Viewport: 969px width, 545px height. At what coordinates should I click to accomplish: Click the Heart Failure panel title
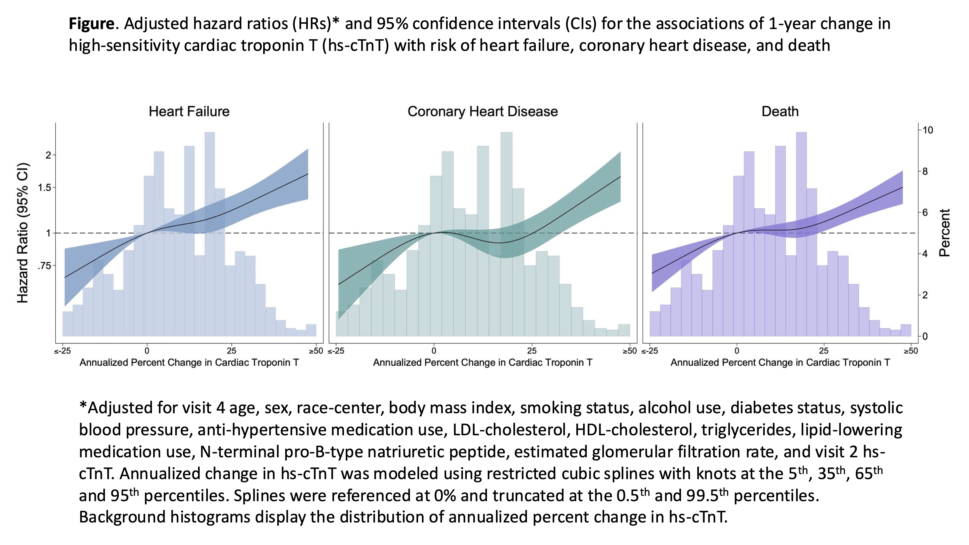click(x=189, y=111)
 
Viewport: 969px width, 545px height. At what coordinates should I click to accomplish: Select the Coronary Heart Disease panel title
click(x=483, y=111)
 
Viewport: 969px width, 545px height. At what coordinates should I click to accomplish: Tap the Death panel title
click(x=780, y=111)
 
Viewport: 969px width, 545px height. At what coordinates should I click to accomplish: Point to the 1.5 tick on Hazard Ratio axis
click(x=44, y=188)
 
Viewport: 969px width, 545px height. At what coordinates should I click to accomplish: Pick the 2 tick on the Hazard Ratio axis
click(x=48, y=155)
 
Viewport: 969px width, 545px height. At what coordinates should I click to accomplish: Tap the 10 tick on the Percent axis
click(x=928, y=130)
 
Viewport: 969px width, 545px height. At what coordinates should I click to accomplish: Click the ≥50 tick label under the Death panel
click(x=910, y=351)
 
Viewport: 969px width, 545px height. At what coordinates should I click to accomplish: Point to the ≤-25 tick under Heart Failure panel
click(x=63, y=351)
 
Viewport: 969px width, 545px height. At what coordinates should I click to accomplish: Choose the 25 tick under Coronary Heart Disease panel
click(x=531, y=351)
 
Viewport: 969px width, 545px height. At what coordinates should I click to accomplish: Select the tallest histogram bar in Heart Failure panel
click(x=210, y=233)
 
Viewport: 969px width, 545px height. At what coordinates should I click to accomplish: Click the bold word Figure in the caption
click(x=91, y=24)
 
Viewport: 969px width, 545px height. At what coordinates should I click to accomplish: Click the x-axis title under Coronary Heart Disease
click(x=483, y=363)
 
